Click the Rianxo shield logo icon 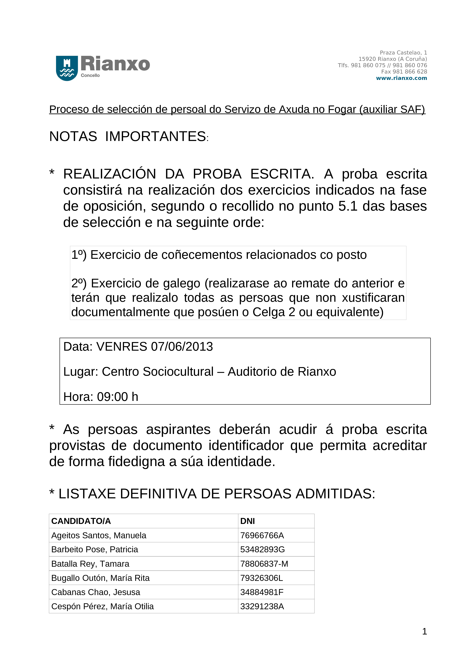click(67, 68)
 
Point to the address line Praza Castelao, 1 click(403, 52)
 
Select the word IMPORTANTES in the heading click(155, 136)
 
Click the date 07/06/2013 click(182, 347)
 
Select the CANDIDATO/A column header click(81, 521)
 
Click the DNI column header click(247, 521)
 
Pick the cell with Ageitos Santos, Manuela click(99, 535)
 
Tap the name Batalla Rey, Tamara click(90, 564)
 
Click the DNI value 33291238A click(262, 606)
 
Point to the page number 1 click(424, 631)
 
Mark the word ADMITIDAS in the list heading click(335, 494)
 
